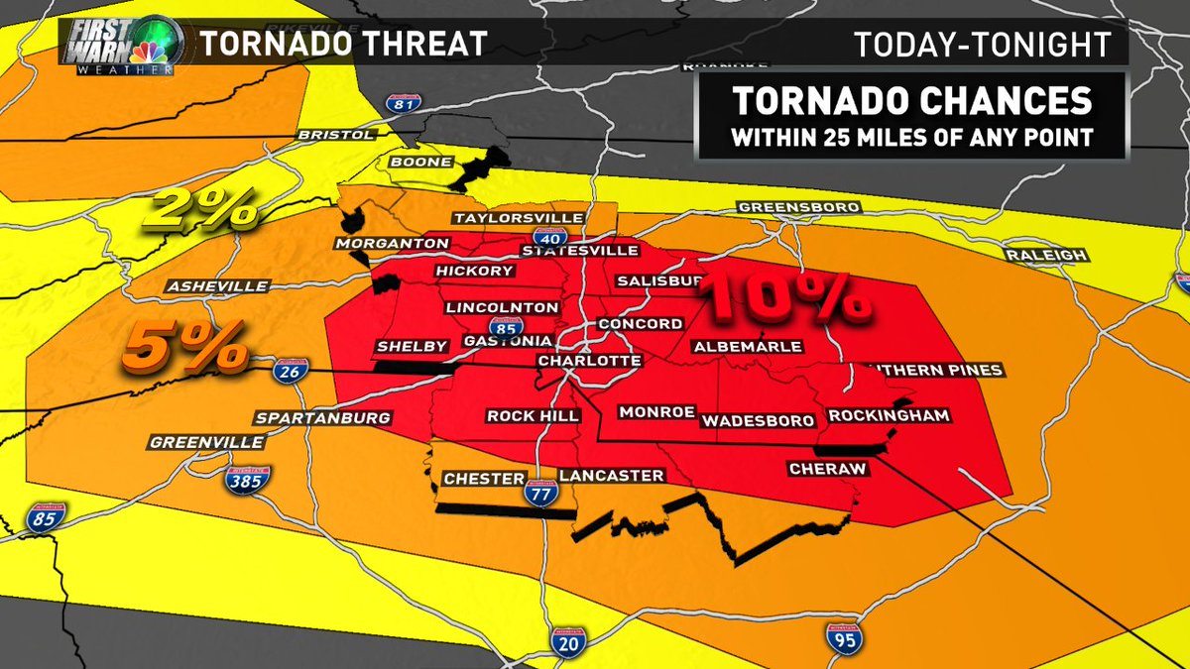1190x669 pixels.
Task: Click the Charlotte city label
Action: pyautogui.click(x=589, y=361)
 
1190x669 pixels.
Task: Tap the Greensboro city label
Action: pyautogui.click(x=798, y=207)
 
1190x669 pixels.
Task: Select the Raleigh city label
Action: pyautogui.click(x=1046, y=255)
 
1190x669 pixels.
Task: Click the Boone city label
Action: pyautogui.click(x=421, y=162)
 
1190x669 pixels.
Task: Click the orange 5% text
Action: pyautogui.click(x=185, y=349)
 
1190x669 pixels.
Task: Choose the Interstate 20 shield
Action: pyautogui.click(x=563, y=641)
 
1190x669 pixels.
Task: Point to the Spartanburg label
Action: pyautogui.click(x=322, y=417)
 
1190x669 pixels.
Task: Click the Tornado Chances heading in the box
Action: pyautogui.click(x=911, y=102)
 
